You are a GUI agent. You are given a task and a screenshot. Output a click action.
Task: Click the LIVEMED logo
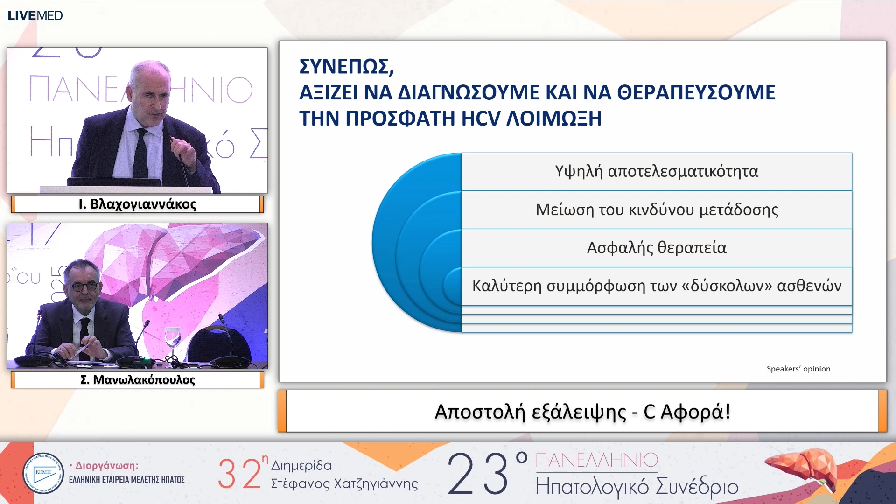tap(35, 15)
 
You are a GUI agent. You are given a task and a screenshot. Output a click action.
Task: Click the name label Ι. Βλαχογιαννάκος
tap(137, 204)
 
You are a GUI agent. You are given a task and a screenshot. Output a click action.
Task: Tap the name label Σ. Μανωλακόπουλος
tap(137, 380)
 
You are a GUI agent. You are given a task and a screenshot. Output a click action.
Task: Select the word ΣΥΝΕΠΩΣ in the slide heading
tap(346, 67)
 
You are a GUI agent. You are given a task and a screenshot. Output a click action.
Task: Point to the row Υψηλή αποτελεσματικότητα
tap(656, 172)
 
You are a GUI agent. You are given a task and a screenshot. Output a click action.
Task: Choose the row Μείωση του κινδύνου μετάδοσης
tap(656, 210)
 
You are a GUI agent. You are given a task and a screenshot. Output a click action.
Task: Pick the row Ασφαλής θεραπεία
tap(656, 248)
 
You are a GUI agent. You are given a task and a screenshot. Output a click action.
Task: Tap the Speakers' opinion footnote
tap(798, 369)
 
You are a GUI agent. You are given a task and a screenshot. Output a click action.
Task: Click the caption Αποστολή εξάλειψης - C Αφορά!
tap(582, 412)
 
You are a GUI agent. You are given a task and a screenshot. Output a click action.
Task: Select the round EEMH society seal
tap(43, 473)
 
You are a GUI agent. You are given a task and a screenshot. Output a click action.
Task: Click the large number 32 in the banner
tap(239, 474)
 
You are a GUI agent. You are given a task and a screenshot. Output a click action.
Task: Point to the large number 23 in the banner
tap(478, 474)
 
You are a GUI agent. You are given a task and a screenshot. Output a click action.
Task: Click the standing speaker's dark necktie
tap(141, 154)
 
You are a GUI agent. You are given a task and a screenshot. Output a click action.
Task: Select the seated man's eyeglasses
tap(84, 286)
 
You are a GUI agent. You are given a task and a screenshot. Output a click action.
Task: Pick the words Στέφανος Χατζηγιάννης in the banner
tap(344, 484)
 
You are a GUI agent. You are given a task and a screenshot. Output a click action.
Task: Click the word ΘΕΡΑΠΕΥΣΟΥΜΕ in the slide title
tap(696, 92)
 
